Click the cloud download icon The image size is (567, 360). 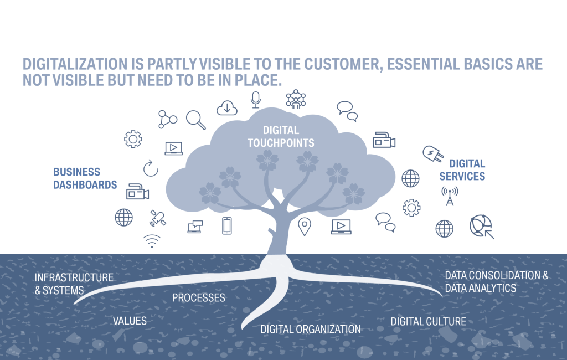[x=227, y=107]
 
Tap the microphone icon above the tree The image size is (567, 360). [x=255, y=99]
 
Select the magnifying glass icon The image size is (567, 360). [x=195, y=119]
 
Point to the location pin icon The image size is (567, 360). [x=304, y=227]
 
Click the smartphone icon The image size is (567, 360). [x=226, y=226]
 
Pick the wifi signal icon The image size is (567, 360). [x=152, y=240]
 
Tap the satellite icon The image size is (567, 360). [x=157, y=218]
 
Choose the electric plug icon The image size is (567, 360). [x=432, y=153]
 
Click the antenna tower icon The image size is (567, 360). [x=450, y=196]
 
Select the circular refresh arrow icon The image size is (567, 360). [x=151, y=168]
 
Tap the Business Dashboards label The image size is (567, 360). [x=85, y=178]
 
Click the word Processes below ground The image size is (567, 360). [x=198, y=298]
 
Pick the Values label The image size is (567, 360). [x=130, y=321]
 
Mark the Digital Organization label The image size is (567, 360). [x=311, y=329]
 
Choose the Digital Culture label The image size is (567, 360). [x=428, y=321]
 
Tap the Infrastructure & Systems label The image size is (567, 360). [x=74, y=284]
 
